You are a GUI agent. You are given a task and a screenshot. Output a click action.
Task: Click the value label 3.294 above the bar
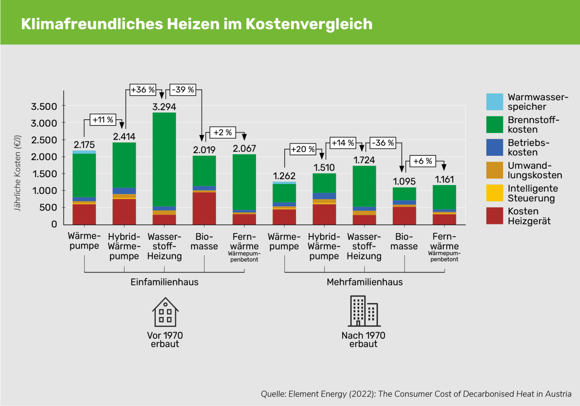164,107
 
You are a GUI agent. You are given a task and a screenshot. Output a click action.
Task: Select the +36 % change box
143,89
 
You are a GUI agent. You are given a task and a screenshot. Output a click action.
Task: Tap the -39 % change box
183,89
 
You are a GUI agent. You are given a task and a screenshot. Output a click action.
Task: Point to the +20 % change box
303,149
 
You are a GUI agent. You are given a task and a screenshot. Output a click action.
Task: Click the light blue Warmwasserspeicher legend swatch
494,102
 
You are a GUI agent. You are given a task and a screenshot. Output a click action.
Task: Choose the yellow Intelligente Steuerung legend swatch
494,193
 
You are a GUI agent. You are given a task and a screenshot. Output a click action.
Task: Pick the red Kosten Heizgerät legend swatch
494,216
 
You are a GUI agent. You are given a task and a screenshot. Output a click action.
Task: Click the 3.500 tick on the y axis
44,106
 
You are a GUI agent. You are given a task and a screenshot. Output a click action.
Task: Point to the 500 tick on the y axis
48,208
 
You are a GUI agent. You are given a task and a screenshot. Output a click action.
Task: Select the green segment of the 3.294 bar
164,159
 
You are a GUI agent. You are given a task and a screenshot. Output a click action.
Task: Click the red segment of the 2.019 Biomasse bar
204,208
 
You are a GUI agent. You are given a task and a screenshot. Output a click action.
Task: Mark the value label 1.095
404,181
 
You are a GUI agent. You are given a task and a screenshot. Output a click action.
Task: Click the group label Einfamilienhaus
164,282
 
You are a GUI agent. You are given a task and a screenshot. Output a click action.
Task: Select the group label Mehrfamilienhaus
365,282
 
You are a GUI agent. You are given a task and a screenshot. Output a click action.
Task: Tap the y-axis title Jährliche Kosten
17,173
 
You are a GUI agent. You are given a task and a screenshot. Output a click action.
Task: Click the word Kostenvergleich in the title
309,24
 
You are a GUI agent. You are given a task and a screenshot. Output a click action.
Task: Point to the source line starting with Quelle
416,394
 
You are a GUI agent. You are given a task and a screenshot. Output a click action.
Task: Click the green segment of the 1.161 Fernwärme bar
444,197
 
